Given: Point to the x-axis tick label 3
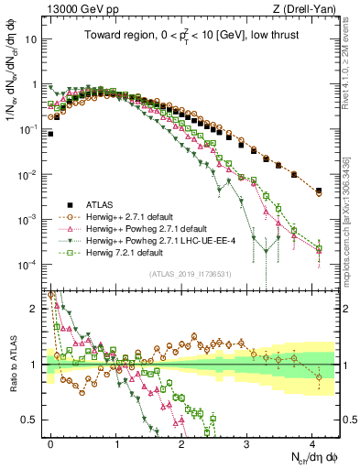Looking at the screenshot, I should (247, 442).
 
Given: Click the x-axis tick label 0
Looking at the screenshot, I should (51, 442).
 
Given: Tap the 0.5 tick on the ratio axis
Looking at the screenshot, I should (30, 420).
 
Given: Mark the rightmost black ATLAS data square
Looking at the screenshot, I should (318, 191).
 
